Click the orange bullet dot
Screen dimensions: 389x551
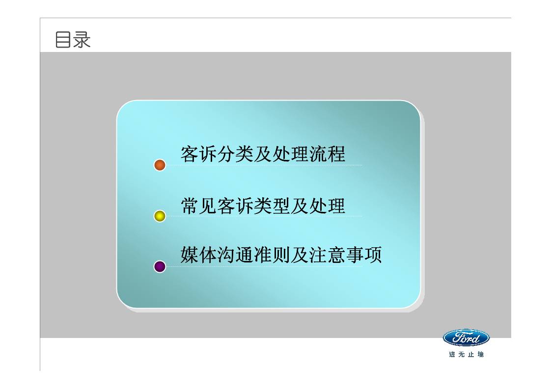pyautogui.click(x=160, y=165)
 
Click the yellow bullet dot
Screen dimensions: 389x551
pyautogui.click(x=160, y=216)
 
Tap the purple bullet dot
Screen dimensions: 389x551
pyautogui.click(x=160, y=266)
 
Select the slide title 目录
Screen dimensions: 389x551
pyautogui.click(x=73, y=40)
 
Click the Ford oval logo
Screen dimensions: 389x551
pyautogui.click(x=466, y=337)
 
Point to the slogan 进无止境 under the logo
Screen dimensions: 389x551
pyautogui.click(x=466, y=354)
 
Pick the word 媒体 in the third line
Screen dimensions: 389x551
pyautogui.click(x=199, y=256)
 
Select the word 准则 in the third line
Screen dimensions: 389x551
pyautogui.click(x=272, y=256)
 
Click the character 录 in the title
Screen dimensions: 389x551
pyautogui.click(x=82, y=40)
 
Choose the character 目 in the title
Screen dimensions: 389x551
pyautogui.click(x=63, y=40)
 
